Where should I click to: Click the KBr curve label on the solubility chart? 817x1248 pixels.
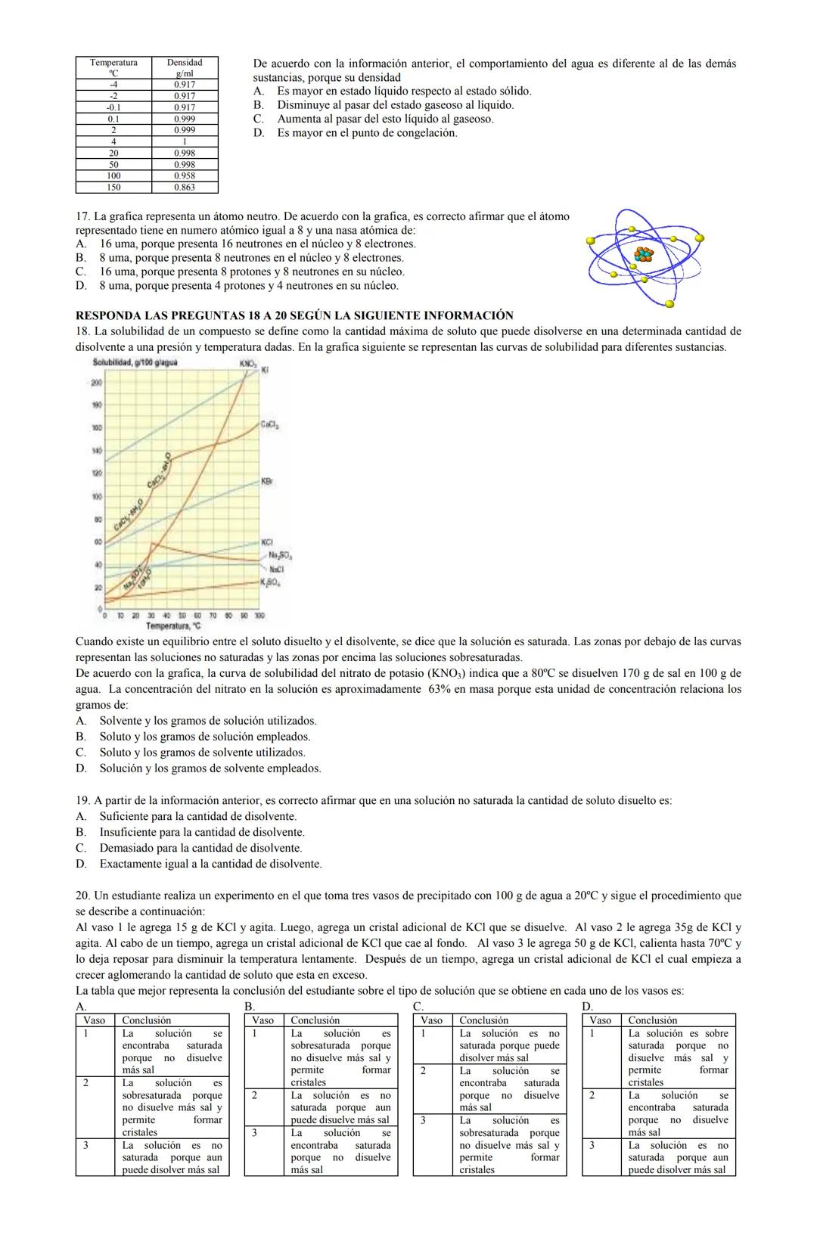click(x=266, y=481)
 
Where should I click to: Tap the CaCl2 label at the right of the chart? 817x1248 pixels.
click(x=270, y=425)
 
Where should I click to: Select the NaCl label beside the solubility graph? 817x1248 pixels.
click(x=275, y=569)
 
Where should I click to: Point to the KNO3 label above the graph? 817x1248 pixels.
click(x=247, y=364)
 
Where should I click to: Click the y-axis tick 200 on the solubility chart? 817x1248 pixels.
click(x=97, y=383)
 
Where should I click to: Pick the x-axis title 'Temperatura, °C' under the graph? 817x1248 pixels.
click(x=173, y=626)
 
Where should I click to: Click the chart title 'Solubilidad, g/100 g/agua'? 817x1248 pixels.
click(x=135, y=363)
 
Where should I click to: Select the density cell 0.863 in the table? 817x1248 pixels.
click(x=184, y=187)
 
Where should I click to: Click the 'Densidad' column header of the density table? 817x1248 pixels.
click(x=184, y=63)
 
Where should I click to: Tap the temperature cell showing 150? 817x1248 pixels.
click(x=113, y=187)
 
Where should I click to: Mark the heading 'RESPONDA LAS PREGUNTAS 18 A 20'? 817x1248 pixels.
click(x=294, y=315)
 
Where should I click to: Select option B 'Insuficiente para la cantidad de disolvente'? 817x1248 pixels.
click(x=202, y=832)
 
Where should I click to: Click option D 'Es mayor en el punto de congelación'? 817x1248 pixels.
click(x=366, y=132)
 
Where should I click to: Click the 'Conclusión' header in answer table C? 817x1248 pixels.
click(x=484, y=1020)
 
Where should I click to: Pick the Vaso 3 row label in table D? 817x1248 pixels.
click(x=592, y=1145)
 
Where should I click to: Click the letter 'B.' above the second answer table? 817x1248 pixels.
click(x=250, y=1007)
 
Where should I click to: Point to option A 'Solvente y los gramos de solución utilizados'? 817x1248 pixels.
click(x=207, y=721)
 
